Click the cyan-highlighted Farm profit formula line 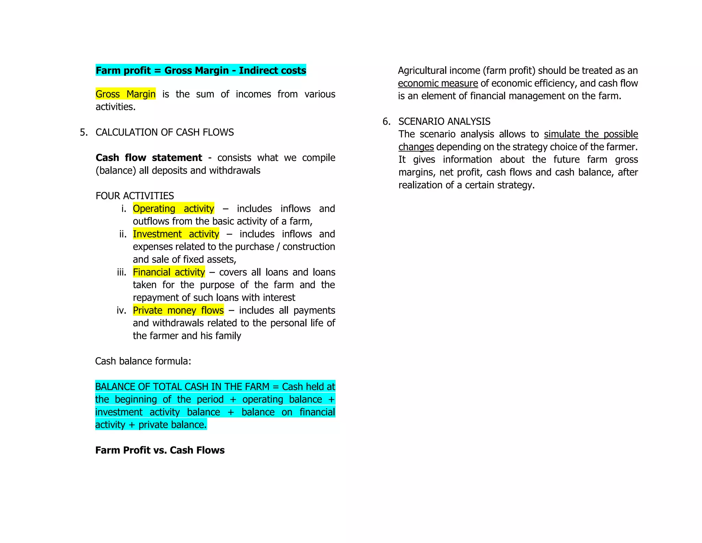201,70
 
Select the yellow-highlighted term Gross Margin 125,94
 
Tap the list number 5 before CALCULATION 83,132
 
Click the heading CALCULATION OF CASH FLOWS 165,132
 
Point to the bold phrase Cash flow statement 149,158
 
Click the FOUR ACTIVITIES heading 135,196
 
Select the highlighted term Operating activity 173,209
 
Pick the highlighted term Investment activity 176,234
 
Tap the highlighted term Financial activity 169,272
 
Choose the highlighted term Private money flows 178,310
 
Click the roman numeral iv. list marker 121,310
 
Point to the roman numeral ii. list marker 123,234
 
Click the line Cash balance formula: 143,361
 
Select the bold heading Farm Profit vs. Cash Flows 160,450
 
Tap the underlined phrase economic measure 438,83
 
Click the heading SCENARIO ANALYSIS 444,122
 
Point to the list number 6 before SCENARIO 386,122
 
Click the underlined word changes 416,147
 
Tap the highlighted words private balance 172,425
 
